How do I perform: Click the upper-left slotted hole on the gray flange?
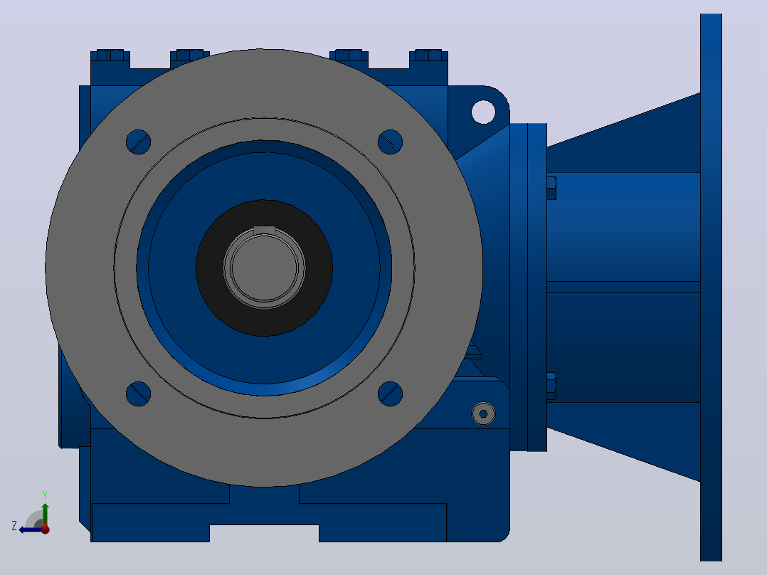pos(139,142)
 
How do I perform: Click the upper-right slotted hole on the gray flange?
pos(391,142)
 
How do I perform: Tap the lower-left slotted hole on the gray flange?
pos(139,394)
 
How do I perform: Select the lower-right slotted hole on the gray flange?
pos(391,394)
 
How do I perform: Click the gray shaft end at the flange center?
pos(264,268)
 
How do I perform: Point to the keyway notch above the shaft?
pos(264,231)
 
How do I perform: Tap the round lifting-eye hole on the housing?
pos(483,112)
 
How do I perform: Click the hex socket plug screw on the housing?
pos(483,414)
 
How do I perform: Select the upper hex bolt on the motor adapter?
pos(551,188)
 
